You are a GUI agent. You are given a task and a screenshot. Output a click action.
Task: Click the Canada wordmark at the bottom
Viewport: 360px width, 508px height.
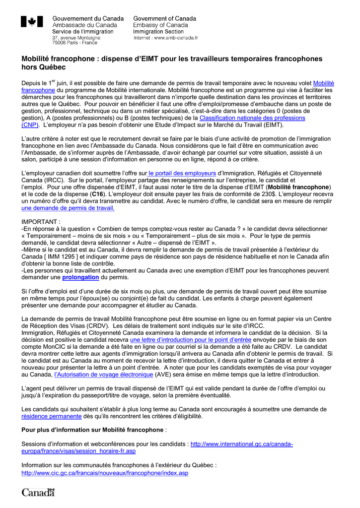[x=38, y=492]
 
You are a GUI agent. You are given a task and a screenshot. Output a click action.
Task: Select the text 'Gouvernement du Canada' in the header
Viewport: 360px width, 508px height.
[x=88, y=18]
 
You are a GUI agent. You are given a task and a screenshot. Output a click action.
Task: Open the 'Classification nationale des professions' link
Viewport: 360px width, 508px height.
[x=252, y=118]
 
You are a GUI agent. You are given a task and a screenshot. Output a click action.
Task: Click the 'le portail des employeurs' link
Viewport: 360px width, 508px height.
[x=182, y=173]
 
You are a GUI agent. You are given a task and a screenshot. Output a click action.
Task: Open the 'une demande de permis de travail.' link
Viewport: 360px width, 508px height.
[x=68, y=208]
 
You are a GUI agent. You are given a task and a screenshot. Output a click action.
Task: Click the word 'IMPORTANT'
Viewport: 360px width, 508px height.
[x=41, y=222]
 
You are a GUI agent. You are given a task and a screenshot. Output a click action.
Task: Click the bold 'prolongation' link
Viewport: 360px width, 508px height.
[x=80, y=277]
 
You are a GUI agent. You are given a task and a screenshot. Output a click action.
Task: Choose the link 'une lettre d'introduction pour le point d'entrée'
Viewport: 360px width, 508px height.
[x=191, y=340]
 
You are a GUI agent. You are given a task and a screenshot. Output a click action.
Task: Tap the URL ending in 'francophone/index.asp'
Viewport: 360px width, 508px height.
[x=105, y=473]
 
